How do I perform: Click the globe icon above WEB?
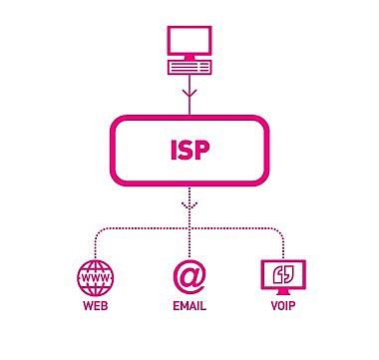[x=95, y=276]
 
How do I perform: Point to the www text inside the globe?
[x=95, y=276]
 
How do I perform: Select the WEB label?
[x=95, y=307]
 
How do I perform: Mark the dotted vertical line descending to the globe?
[x=95, y=243]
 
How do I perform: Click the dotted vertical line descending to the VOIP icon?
[x=282, y=243]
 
